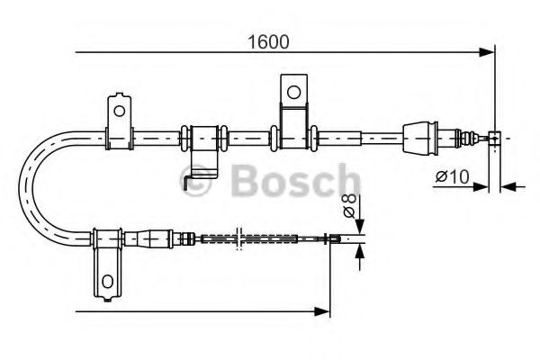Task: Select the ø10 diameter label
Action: coord(449,178)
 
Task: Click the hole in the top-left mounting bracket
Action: coord(118,110)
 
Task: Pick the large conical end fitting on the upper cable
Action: coord(420,137)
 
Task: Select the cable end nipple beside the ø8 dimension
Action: coord(334,238)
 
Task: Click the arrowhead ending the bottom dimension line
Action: coord(325,311)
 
